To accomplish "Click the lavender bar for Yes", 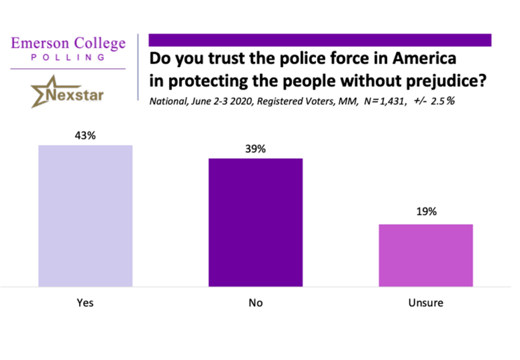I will [x=85, y=216].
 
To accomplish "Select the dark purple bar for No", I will [x=255, y=222].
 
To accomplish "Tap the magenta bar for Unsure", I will [x=426, y=255].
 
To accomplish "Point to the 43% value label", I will [x=85, y=136].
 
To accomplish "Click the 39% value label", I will [x=255, y=149].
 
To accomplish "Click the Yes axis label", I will [x=85, y=303].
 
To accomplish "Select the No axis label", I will [x=255, y=303].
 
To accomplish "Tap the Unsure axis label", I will [x=426, y=303].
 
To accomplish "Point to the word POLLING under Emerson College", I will [x=68, y=57].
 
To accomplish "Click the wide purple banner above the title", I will [x=319, y=40].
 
